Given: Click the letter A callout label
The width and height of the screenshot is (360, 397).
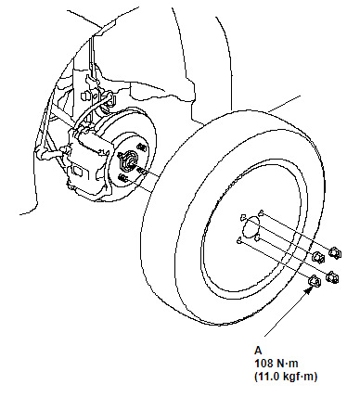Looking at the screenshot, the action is tap(258, 351).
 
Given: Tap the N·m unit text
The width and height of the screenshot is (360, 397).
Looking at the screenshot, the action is tap(288, 364).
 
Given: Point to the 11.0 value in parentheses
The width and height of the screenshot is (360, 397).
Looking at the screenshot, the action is tap(268, 377).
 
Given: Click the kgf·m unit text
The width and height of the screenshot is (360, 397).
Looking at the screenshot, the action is tap(298, 377).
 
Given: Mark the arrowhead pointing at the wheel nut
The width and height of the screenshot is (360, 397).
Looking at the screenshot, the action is tap(307, 291).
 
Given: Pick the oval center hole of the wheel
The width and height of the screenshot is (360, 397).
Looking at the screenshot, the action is tap(251, 226).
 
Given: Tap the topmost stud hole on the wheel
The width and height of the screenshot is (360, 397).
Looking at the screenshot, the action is tap(261, 212).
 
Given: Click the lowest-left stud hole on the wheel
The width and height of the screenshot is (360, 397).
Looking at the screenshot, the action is tap(238, 240).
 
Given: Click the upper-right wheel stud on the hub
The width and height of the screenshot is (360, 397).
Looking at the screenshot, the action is tap(142, 147).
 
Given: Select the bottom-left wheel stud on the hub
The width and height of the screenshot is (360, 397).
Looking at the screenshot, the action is tap(123, 178).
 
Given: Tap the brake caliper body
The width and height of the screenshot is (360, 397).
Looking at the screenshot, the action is tap(87, 163).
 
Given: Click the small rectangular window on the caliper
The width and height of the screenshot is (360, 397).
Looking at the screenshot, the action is tap(76, 171).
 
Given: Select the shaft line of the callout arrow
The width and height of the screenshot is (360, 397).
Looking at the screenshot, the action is tap(285, 313).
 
